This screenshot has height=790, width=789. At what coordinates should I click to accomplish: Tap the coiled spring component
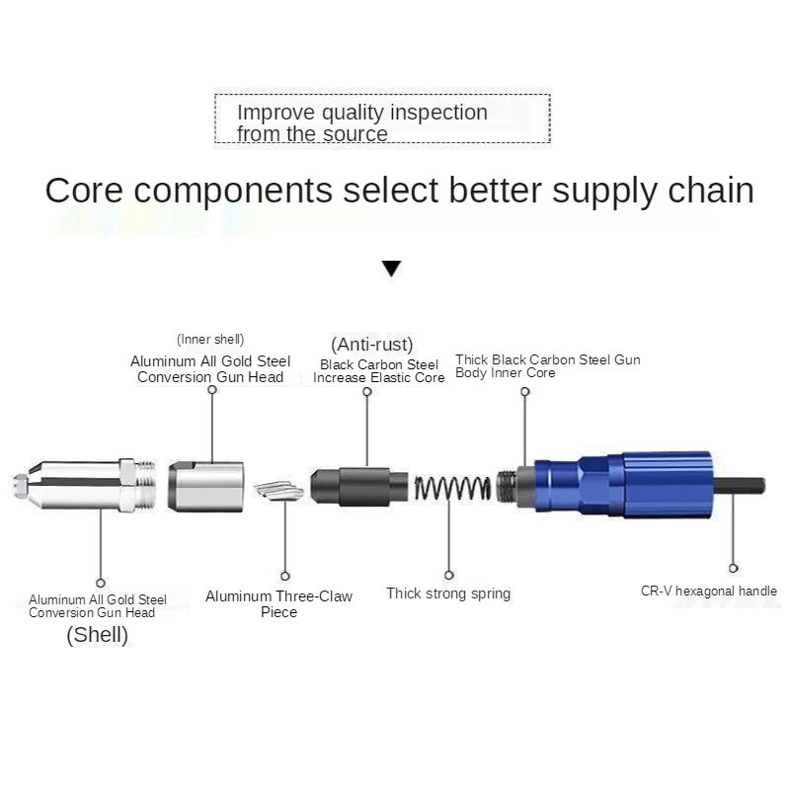tap(452, 487)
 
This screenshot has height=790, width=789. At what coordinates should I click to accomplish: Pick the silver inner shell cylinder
tap(205, 484)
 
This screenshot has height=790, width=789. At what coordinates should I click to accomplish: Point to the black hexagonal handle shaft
tap(738, 487)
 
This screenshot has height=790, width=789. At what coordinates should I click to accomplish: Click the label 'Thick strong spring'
tap(448, 593)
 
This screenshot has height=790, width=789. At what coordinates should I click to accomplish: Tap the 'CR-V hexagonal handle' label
tap(708, 592)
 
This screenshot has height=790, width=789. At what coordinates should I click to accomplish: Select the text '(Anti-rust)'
tap(372, 345)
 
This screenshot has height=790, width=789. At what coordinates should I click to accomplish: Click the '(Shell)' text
tap(97, 635)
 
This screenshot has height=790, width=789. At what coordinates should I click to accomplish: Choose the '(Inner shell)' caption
tap(210, 340)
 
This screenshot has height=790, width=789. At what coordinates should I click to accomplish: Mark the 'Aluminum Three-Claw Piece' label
tap(278, 603)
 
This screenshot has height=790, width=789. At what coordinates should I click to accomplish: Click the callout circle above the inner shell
tap(212, 391)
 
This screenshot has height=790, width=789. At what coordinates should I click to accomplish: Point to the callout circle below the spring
tap(449, 575)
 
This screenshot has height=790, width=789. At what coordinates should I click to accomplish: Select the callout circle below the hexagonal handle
tap(733, 568)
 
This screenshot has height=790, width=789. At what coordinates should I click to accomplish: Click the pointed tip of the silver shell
tap(20, 485)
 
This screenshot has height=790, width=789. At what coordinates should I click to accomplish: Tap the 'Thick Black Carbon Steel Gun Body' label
tap(547, 366)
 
